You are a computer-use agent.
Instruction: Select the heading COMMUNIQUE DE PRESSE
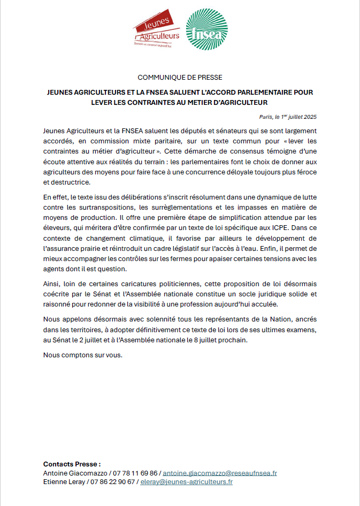point(180,78)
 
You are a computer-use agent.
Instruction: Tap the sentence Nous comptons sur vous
point(83,355)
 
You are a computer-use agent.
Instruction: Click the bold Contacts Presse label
point(72,464)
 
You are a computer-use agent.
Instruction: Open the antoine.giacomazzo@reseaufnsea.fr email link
point(220,473)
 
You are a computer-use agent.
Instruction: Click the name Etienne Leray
point(64,482)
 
